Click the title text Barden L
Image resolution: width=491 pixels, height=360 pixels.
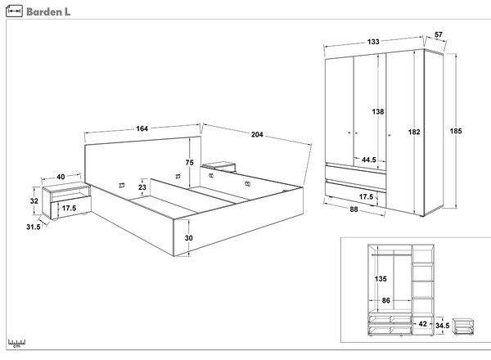point(48,12)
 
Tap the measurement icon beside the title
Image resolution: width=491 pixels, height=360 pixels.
point(14,11)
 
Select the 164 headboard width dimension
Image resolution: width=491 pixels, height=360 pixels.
point(142,128)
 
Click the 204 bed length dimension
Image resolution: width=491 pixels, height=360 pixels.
point(257,135)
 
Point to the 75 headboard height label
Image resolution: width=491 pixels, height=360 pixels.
point(190,163)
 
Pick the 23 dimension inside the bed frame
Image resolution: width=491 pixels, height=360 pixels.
point(142,187)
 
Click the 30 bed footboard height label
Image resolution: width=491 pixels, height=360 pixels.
point(188,238)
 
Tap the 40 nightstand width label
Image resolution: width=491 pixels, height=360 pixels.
point(61,177)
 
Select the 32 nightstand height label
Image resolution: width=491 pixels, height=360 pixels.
point(34,201)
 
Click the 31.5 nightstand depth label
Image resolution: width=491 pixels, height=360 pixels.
point(34,227)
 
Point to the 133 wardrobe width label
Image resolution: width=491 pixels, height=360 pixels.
point(373,42)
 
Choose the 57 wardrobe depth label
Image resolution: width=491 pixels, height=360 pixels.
point(439,34)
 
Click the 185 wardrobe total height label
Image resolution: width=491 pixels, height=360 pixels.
point(456,131)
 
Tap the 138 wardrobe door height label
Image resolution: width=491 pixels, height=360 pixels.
point(378,112)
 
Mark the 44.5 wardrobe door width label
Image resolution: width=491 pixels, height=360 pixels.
point(369,160)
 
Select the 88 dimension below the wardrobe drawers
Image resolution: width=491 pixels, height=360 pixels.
point(354,209)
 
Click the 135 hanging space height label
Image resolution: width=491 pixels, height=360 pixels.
point(381,279)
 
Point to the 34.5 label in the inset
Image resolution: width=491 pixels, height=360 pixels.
point(443,326)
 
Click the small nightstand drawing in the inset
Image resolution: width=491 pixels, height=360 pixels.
point(463,326)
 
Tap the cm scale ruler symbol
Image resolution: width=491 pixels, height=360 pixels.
point(16,344)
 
